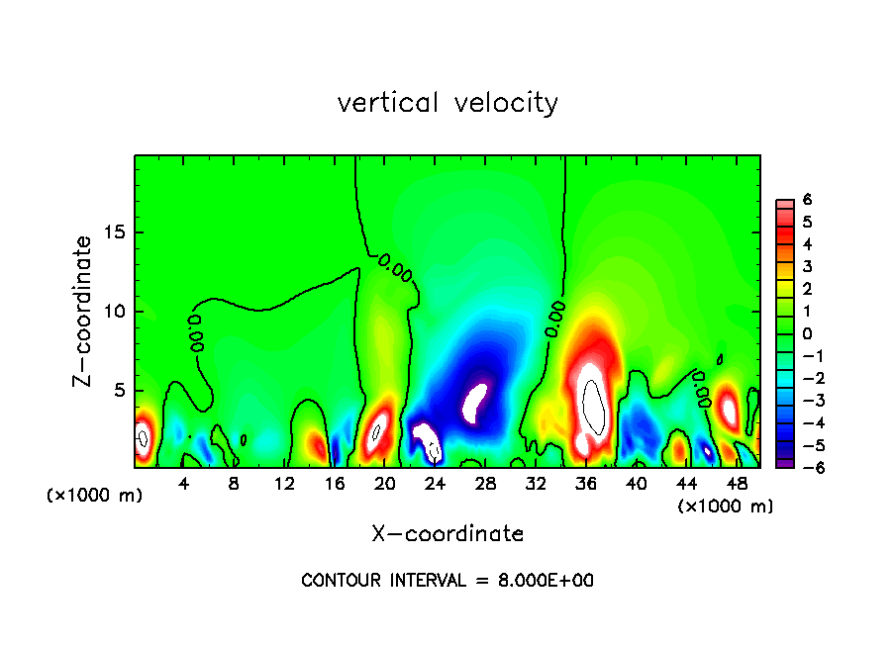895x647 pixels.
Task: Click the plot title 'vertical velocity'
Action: (x=447, y=103)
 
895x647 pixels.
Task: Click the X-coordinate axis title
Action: (x=447, y=534)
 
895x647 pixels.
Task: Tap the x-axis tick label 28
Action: (x=485, y=484)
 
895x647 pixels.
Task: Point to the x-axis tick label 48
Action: (x=736, y=484)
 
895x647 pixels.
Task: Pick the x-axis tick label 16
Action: (x=335, y=484)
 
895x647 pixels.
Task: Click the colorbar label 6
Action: (x=808, y=200)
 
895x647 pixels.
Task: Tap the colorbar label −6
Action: (x=804, y=467)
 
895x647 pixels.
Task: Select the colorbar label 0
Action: (x=808, y=333)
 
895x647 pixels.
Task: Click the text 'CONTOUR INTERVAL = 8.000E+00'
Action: (x=447, y=581)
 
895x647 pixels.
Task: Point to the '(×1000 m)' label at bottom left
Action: (x=95, y=496)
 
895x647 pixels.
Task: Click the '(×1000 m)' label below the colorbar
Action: (x=725, y=506)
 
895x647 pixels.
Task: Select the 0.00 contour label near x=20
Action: (x=395, y=267)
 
